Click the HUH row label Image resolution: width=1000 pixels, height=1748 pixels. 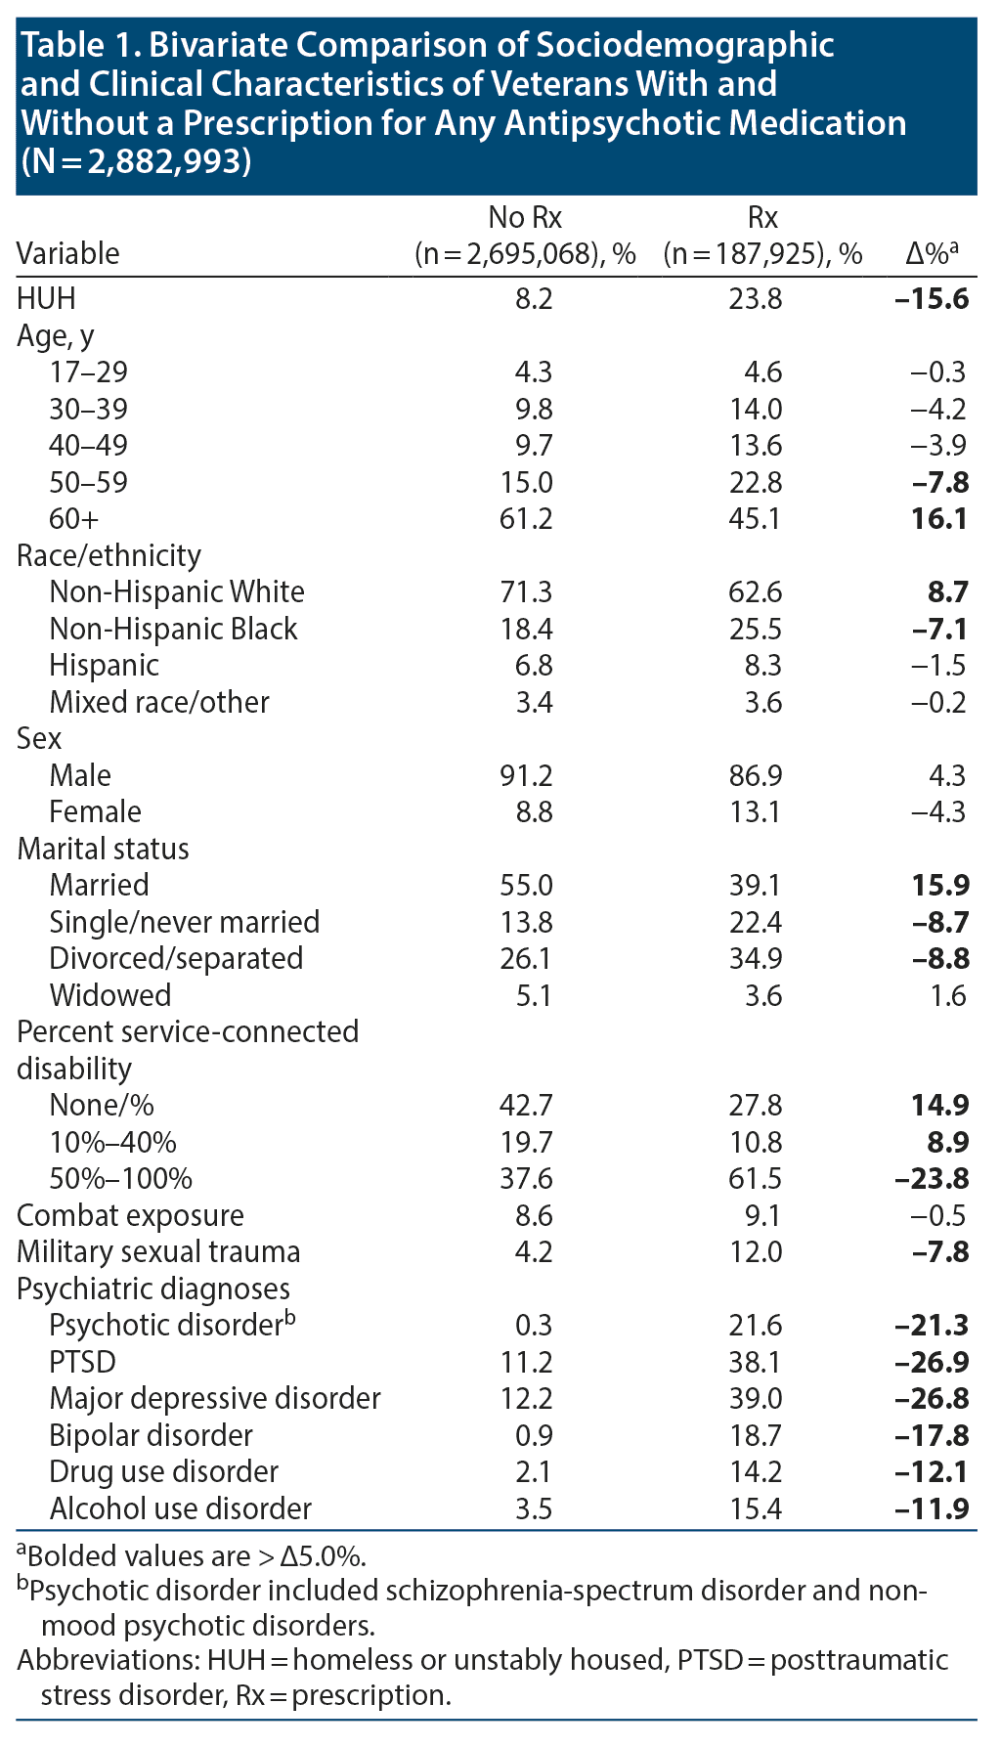(x=46, y=298)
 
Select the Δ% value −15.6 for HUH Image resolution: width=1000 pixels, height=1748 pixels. (x=932, y=298)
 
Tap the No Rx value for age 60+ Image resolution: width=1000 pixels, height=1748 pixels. (x=526, y=518)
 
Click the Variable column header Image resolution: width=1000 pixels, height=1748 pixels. (x=68, y=254)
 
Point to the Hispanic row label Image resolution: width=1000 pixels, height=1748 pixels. (x=104, y=666)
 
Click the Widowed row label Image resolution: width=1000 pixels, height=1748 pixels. (x=109, y=995)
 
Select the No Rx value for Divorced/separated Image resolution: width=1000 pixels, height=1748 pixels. (x=526, y=959)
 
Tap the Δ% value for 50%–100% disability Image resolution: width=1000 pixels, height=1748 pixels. (x=932, y=1179)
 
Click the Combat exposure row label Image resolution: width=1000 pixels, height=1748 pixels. (x=130, y=1215)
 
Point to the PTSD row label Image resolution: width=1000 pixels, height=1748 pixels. (x=82, y=1362)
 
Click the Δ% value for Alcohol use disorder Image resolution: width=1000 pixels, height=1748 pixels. (x=932, y=1508)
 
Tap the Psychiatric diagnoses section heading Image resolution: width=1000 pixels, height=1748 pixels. (x=153, y=1289)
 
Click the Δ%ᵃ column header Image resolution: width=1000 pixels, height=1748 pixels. (x=931, y=254)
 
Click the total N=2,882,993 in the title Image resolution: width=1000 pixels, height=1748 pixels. (x=136, y=161)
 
